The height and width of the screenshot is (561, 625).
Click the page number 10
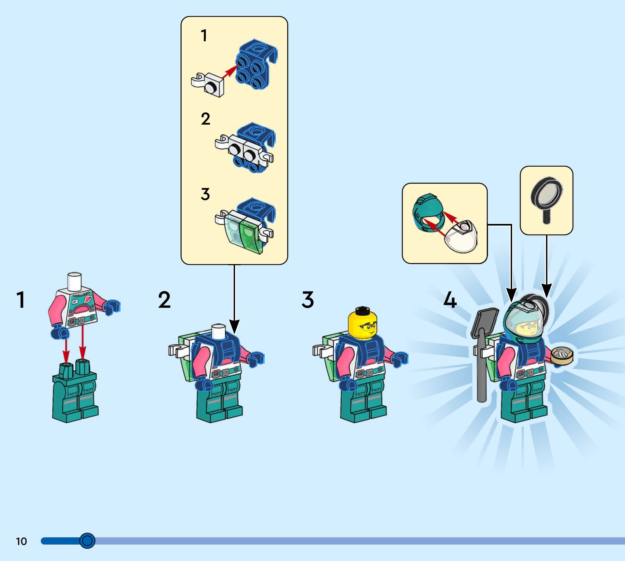[21, 541]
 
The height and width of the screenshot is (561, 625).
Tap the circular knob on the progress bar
[87, 540]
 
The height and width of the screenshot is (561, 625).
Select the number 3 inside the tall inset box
[205, 194]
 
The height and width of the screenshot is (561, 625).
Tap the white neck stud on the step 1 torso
[75, 281]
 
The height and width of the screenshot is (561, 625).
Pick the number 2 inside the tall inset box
[205, 119]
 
